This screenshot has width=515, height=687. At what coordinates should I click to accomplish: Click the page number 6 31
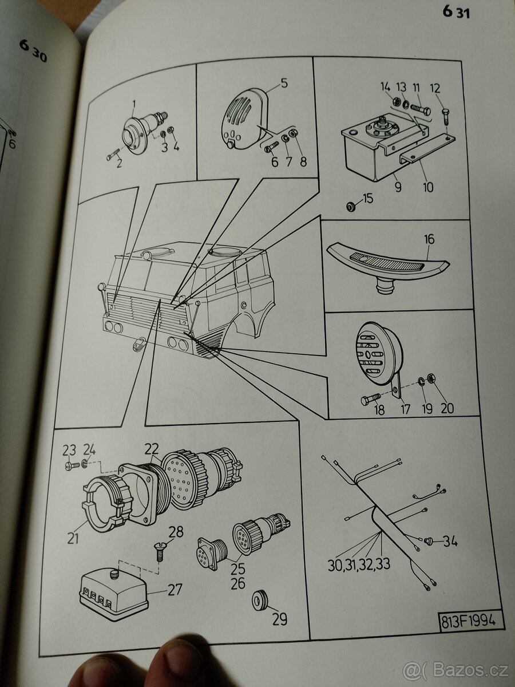tap(455, 11)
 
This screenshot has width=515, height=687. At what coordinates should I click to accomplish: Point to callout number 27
tap(175, 589)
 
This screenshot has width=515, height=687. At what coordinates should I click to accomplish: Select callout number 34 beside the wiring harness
tap(450, 540)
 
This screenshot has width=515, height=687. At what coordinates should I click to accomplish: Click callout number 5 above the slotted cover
tap(284, 83)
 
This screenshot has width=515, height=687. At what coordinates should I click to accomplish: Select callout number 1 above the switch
tap(133, 104)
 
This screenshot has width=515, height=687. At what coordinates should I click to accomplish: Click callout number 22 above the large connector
tap(151, 449)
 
